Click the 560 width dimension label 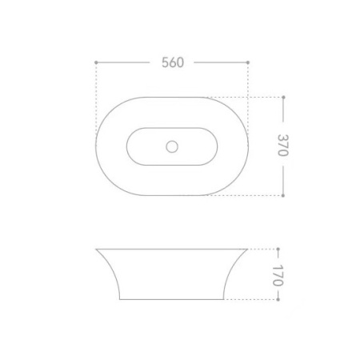click(x=173, y=62)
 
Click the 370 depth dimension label click(x=283, y=145)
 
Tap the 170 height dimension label click(x=278, y=275)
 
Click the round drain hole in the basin click(x=172, y=146)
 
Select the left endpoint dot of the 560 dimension click(x=96, y=62)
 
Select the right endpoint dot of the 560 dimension click(x=248, y=62)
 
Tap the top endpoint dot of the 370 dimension click(x=283, y=98)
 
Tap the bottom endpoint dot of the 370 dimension click(x=283, y=195)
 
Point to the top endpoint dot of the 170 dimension click(x=278, y=249)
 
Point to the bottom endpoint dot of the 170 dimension click(x=278, y=299)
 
